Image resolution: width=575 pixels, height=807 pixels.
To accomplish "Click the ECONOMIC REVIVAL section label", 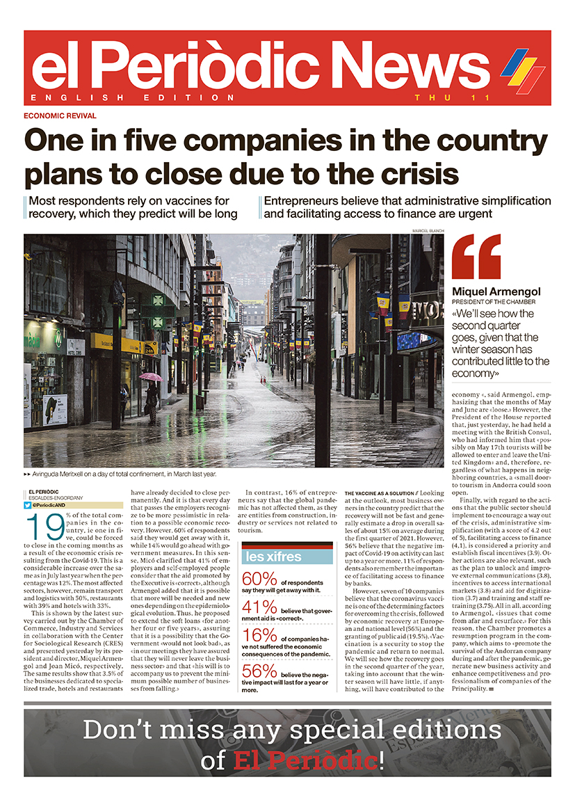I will tap(60, 116).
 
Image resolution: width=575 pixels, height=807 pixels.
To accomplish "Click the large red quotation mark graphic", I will tap(476, 257).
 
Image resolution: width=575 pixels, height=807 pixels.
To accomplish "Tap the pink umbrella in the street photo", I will tap(151, 376).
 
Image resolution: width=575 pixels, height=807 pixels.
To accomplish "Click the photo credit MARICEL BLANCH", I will tap(428, 230).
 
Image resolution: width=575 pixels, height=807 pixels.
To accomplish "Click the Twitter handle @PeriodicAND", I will tap(52, 504).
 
